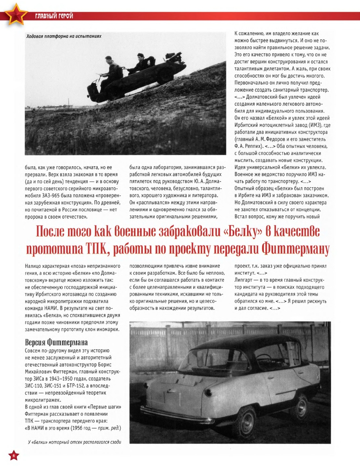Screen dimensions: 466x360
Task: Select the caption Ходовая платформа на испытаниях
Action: point(63,36)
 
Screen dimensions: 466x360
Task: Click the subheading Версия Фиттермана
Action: point(51,341)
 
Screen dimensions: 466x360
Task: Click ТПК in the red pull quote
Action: point(98,249)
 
